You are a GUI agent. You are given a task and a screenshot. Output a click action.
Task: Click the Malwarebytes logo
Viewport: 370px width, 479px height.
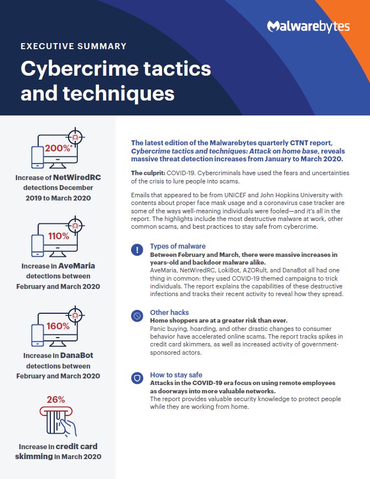click(x=308, y=27)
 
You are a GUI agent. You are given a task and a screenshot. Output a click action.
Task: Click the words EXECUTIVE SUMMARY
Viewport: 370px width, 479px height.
click(x=74, y=46)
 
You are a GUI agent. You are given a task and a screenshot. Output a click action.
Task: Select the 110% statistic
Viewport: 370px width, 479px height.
click(x=59, y=236)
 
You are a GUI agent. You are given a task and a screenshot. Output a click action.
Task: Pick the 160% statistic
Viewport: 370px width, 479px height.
click(x=58, y=326)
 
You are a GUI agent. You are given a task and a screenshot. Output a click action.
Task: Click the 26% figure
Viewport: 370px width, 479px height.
click(x=56, y=399)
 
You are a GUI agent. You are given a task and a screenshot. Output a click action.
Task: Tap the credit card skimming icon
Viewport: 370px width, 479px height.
click(x=58, y=421)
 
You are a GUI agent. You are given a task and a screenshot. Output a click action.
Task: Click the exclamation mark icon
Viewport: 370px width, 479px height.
click(x=137, y=250)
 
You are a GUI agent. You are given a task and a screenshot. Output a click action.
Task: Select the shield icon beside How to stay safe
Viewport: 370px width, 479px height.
click(x=137, y=378)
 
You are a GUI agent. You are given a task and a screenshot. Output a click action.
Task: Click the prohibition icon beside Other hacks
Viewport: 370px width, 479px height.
click(x=137, y=315)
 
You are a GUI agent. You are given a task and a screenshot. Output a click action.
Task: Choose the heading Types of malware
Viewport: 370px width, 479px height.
click(x=178, y=246)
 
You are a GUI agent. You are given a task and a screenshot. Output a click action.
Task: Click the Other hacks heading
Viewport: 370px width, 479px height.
click(x=169, y=313)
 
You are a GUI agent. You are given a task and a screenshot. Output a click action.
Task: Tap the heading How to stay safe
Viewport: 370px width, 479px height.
click(x=176, y=375)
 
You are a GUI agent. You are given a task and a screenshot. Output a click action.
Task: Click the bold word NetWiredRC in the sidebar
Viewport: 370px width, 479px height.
click(x=77, y=177)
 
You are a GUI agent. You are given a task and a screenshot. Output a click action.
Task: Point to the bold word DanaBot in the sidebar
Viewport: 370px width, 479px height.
click(x=77, y=355)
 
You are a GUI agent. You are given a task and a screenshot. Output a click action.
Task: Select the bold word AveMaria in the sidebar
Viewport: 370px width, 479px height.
click(x=77, y=266)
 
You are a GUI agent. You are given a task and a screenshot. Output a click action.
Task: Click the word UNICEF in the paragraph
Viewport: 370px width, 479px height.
click(x=236, y=195)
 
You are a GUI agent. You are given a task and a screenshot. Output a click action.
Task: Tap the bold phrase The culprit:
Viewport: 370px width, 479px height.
click(x=148, y=173)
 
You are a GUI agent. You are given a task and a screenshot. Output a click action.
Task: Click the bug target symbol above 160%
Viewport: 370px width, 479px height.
click(x=75, y=315)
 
